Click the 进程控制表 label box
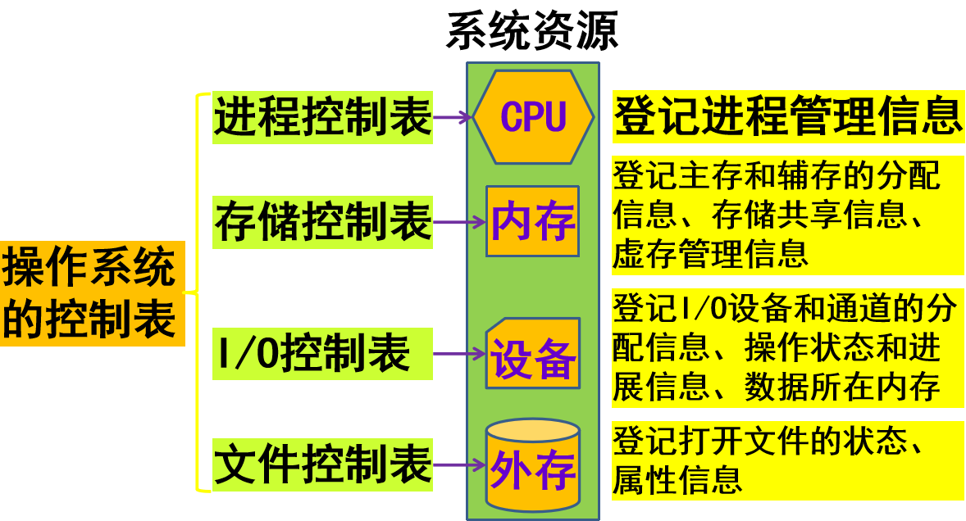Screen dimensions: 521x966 point(322,117)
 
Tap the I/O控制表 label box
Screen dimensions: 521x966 point(322,353)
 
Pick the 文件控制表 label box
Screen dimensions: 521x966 point(322,464)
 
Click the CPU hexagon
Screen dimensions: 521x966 point(533,117)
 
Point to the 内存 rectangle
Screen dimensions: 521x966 point(533,221)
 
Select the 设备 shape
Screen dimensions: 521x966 point(533,354)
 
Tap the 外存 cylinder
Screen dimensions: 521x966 point(533,465)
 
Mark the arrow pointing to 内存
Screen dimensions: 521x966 point(459,221)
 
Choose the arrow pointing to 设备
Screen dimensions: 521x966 point(459,354)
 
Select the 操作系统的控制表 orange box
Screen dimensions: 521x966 point(90,293)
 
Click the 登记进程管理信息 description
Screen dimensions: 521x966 point(787,116)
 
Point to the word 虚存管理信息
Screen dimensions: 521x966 point(710,254)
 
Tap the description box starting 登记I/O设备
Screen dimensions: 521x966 point(787,347)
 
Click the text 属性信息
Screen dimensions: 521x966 point(677,478)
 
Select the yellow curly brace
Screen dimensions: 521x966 point(199,292)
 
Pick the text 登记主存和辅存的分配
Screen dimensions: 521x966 point(776,175)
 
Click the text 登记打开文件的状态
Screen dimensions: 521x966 point(771,442)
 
